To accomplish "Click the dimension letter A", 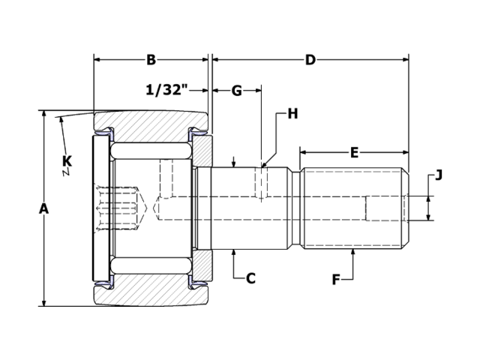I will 43,209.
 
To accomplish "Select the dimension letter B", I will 151,59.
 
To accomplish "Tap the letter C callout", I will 251,278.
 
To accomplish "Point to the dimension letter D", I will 310,59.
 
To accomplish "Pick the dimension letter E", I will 354,152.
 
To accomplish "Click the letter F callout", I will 337,280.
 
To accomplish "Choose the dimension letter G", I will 236,91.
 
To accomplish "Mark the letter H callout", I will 292,114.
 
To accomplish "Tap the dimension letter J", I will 439,175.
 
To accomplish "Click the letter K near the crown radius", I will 67,160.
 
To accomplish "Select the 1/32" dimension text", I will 166,91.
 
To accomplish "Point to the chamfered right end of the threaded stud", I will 406,208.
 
